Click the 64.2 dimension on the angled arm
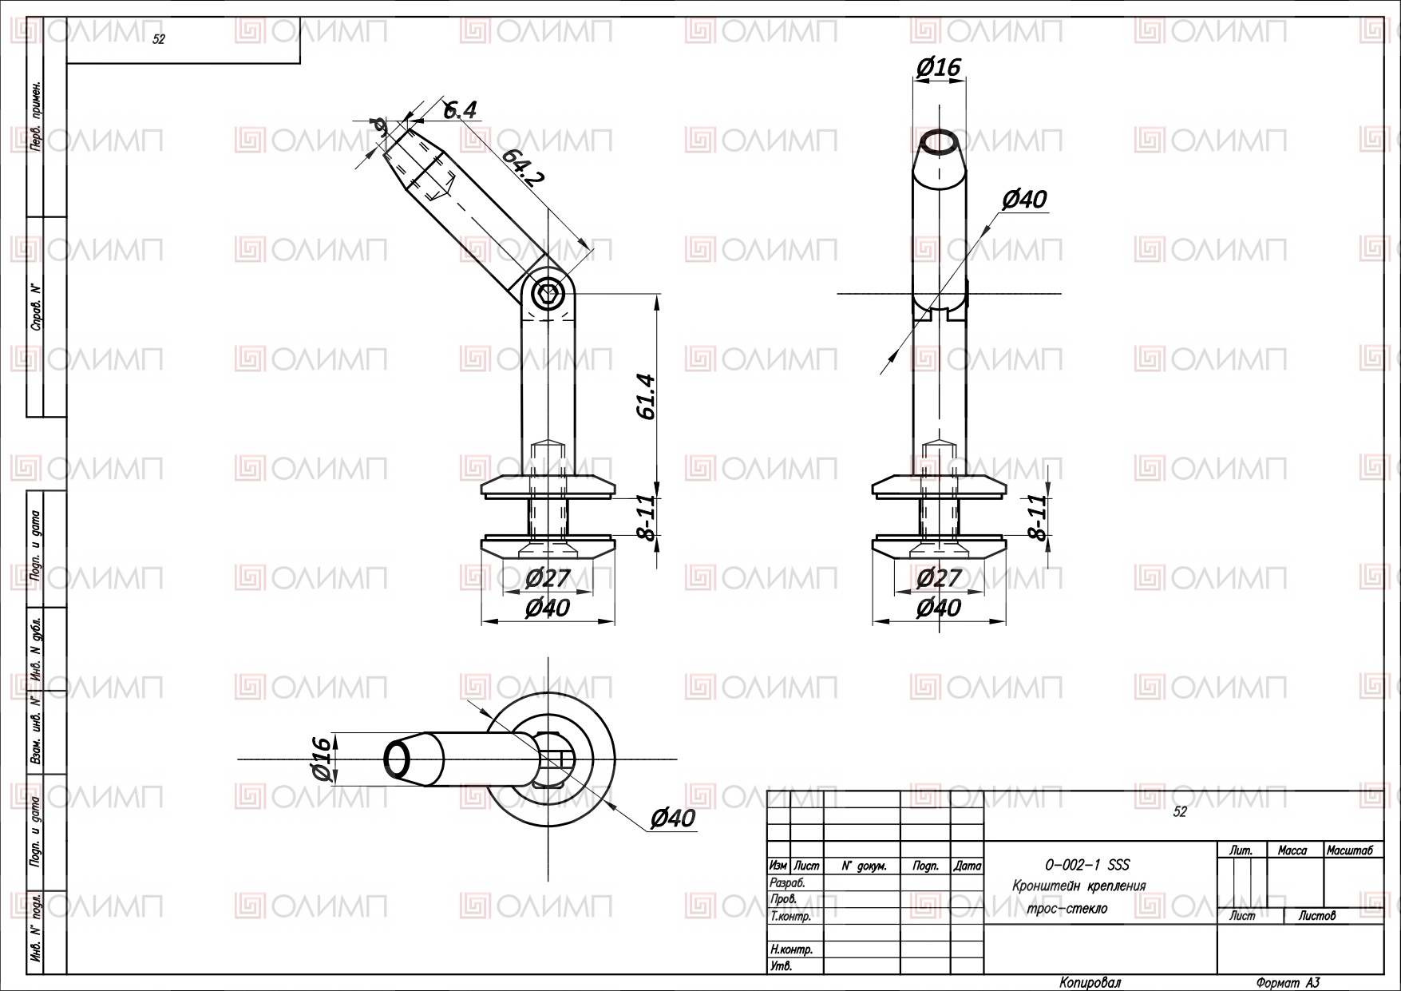(x=523, y=168)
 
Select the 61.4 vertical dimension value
(x=646, y=397)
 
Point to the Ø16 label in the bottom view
(x=319, y=759)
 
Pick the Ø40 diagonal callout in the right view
(x=1024, y=199)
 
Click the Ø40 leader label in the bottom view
(x=673, y=818)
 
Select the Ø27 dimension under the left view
(x=548, y=577)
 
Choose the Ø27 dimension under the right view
(x=939, y=577)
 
